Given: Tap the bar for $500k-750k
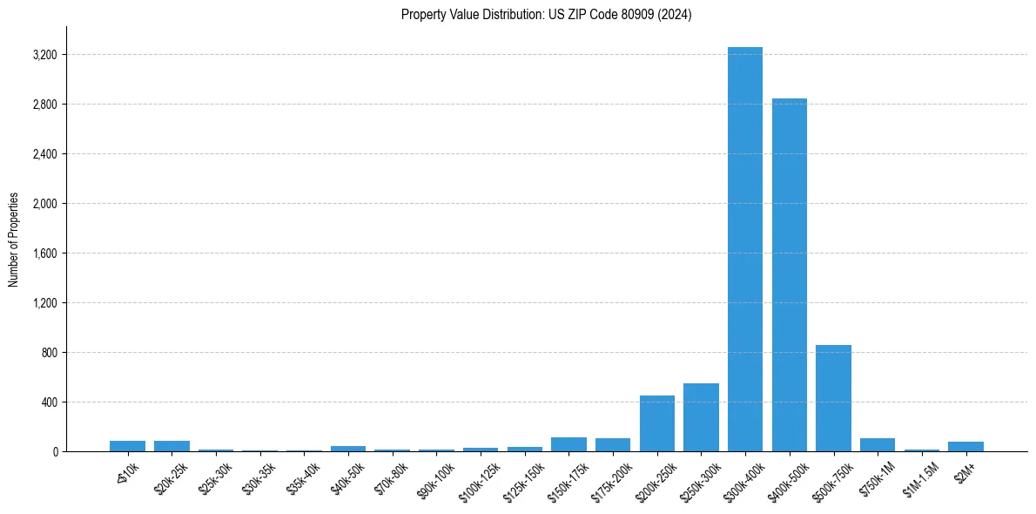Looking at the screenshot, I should click(x=833, y=398).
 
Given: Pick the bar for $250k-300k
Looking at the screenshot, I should click(x=701, y=417).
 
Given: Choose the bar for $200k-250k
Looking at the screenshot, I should click(x=657, y=423).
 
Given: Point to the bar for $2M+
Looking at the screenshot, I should click(x=965, y=447).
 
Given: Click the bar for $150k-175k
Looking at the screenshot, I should click(x=568, y=444).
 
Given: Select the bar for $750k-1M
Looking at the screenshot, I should click(x=878, y=445).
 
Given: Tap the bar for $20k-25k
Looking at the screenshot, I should click(x=172, y=446).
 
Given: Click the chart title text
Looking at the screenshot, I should click(x=547, y=15).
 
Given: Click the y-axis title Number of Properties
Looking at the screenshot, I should click(x=14, y=240).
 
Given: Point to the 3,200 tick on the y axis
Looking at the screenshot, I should click(x=44, y=55).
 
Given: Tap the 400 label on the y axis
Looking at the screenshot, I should click(x=49, y=402).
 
